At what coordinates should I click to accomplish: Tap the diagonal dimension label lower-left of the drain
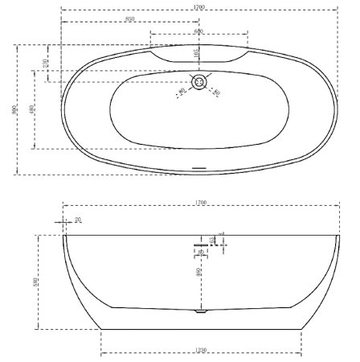182,93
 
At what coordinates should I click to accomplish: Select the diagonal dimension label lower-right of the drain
216,93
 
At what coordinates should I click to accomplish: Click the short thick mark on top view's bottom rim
199,168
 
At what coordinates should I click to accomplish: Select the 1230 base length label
201,351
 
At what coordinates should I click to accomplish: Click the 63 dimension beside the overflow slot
212,240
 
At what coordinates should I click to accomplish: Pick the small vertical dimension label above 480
46,62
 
